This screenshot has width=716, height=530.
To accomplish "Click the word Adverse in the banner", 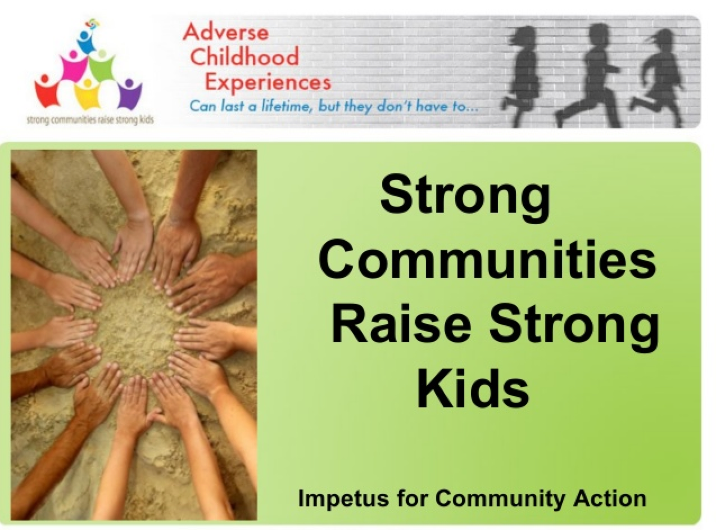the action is [225, 33].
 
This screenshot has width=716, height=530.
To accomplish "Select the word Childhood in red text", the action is [244, 57].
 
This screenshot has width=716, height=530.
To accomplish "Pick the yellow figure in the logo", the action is [87, 94].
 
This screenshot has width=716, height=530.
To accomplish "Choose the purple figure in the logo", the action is [129, 94].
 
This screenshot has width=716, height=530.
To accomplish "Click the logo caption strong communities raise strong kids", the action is [90, 120].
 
